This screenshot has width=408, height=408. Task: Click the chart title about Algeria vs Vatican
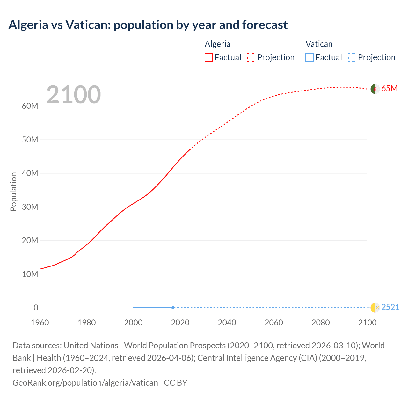pos(148,25)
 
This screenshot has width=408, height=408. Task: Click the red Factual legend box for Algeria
pos(208,57)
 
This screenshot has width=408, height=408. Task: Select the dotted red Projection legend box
pos(251,57)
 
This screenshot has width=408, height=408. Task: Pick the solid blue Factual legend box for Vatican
pos(309,57)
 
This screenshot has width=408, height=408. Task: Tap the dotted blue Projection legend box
pos(352,57)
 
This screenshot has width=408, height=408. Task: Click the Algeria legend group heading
pos(217,44)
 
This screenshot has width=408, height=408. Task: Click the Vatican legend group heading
pos(319,44)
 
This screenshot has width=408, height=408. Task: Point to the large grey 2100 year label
pos(74,95)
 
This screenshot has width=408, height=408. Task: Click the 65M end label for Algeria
pos(389,89)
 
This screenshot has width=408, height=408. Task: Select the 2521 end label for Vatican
pos(390,307)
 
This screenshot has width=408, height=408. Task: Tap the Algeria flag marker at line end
pos(375,89)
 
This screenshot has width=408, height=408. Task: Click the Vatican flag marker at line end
pos(375,308)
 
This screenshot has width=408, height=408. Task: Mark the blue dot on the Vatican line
pos(173,308)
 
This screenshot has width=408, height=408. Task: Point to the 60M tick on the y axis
pos(30,106)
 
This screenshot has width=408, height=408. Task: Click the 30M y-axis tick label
pos(30,207)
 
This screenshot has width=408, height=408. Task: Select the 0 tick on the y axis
pos(36,308)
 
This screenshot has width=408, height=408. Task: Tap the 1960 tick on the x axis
pos(40,323)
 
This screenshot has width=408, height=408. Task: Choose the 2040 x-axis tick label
pos(227,323)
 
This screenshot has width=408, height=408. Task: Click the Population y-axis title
pos(13,192)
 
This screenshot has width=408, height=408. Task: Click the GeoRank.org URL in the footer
pos(85,383)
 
